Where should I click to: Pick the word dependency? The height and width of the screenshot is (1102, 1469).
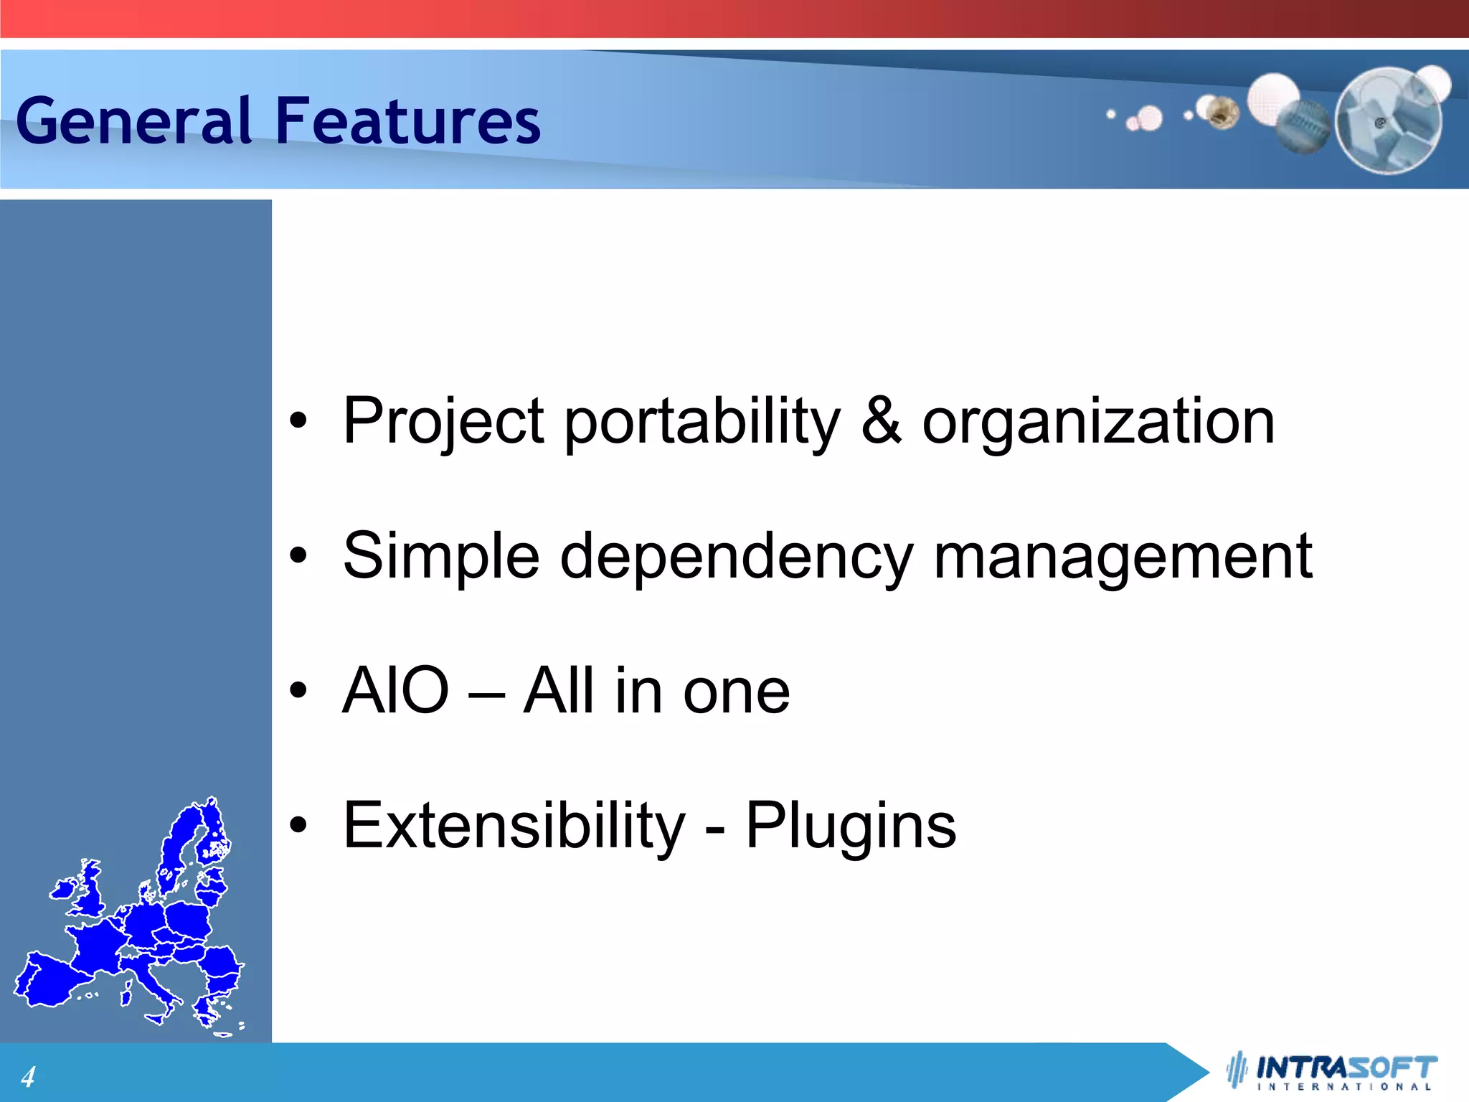736,558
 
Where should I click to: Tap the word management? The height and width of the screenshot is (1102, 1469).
1123,558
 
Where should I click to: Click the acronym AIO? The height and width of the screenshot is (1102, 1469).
395,690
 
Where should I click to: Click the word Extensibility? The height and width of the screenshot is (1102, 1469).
514,825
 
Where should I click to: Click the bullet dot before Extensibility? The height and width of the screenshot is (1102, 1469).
298,825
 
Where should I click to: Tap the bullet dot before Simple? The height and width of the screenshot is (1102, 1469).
298,555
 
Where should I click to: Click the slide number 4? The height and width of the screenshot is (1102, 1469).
28,1077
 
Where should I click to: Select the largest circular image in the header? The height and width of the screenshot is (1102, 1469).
1389,121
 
